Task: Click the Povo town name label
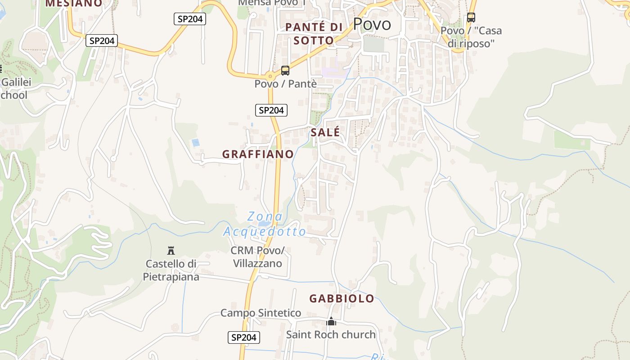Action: [372, 24]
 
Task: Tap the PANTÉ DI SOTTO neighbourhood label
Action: [314, 34]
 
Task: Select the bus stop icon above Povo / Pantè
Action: [285, 71]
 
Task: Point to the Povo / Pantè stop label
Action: [286, 84]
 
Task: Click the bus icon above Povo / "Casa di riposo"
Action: [471, 18]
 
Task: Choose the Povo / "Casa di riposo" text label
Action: [471, 37]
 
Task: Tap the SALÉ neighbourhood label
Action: [325, 132]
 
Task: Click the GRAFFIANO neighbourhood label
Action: [258, 154]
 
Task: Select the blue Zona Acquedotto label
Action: [265, 224]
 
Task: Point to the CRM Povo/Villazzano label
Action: [257, 257]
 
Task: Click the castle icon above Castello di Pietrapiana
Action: [171, 250]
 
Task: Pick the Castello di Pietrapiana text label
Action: [171, 270]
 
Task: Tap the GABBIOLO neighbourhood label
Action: [342, 298]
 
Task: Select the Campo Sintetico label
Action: [261, 313]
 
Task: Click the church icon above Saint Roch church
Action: [331, 321]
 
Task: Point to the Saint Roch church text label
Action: [331, 334]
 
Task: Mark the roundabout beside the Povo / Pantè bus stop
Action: [270, 76]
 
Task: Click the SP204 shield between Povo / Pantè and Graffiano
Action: [271, 110]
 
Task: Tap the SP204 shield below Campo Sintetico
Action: [243, 337]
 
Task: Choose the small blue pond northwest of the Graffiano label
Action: [195, 143]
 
